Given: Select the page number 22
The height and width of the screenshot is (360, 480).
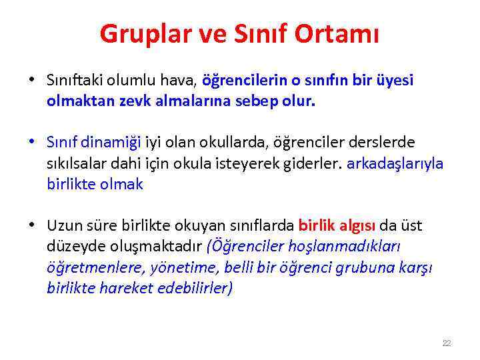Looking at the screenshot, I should coord(447,343).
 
